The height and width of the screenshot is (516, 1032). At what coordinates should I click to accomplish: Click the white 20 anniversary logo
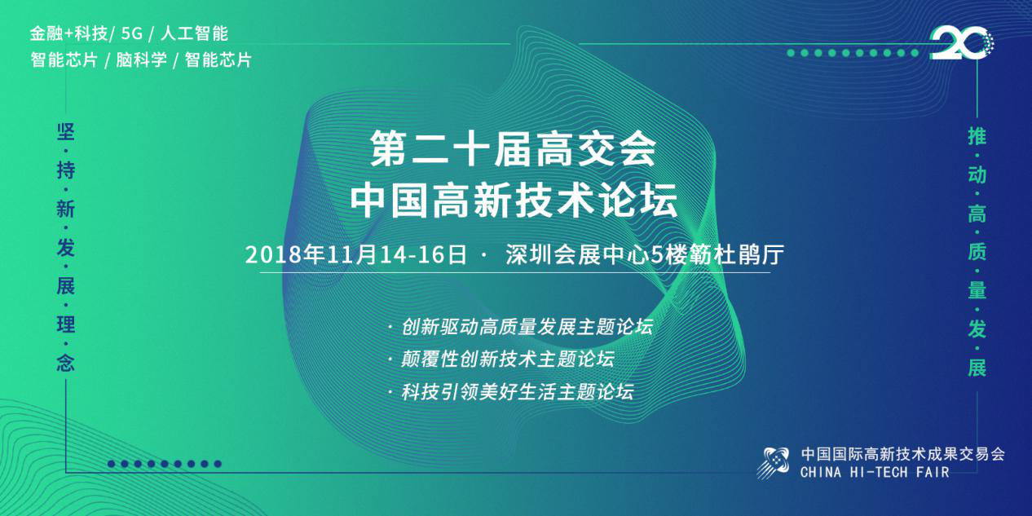click(961, 43)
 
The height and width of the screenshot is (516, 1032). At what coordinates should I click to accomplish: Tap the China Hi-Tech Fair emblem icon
click(773, 462)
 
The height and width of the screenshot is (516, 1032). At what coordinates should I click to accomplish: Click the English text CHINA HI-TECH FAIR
click(875, 472)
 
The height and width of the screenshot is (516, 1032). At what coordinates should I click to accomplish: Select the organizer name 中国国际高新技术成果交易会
click(902, 454)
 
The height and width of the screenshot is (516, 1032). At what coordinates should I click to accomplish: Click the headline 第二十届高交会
click(513, 148)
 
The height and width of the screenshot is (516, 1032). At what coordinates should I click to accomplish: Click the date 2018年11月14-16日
click(356, 255)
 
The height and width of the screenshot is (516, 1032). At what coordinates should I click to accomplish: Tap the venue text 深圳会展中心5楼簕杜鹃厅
click(645, 255)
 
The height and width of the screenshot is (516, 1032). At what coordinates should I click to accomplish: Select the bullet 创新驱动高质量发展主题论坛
click(527, 327)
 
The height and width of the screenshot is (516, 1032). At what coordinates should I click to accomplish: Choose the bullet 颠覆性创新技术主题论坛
click(508, 359)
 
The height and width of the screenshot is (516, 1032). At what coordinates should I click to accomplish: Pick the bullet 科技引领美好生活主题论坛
click(518, 392)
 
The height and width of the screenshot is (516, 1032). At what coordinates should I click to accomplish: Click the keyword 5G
click(132, 33)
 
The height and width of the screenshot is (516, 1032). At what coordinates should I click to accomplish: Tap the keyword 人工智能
click(194, 33)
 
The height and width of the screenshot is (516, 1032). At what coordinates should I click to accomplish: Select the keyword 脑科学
click(141, 60)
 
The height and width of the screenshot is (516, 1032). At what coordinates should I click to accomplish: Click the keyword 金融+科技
click(68, 33)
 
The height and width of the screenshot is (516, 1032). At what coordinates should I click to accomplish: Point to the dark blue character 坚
click(65, 132)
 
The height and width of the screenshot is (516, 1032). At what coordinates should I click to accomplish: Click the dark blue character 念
click(65, 364)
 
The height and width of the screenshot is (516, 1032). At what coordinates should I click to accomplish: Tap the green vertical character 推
click(977, 136)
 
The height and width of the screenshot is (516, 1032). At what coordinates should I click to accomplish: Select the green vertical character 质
click(977, 252)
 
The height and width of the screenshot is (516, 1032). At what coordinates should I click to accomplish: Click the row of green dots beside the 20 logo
click(853, 53)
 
